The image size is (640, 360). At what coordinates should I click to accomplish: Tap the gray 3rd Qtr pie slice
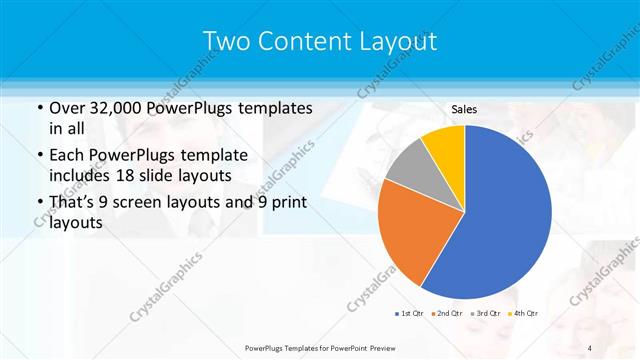pyautogui.click(x=409, y=165)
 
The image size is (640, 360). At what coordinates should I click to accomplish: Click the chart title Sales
pyautogui.click(x=464, y=109)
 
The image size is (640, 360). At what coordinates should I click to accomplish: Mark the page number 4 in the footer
pyautogui.click(x=590, y=347)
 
